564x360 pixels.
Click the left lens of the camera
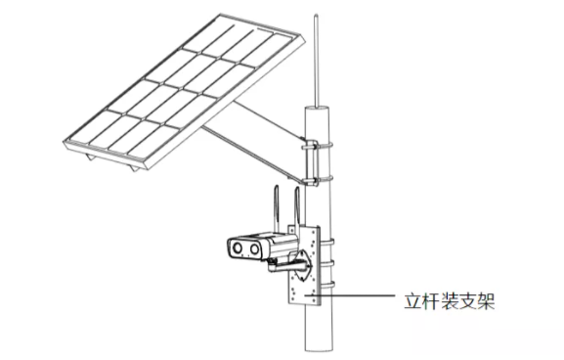[238, 247]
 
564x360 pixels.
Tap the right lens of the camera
[254, 248]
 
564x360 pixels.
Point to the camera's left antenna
[277, 208]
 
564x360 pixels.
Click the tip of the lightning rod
[316, 15]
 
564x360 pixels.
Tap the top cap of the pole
[317, 108]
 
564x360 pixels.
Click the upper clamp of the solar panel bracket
[317, 146]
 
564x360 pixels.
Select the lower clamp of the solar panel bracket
[317, 179]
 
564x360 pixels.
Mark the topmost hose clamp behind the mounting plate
[326, 243]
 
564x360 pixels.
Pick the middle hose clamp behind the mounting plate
[326, 264]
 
